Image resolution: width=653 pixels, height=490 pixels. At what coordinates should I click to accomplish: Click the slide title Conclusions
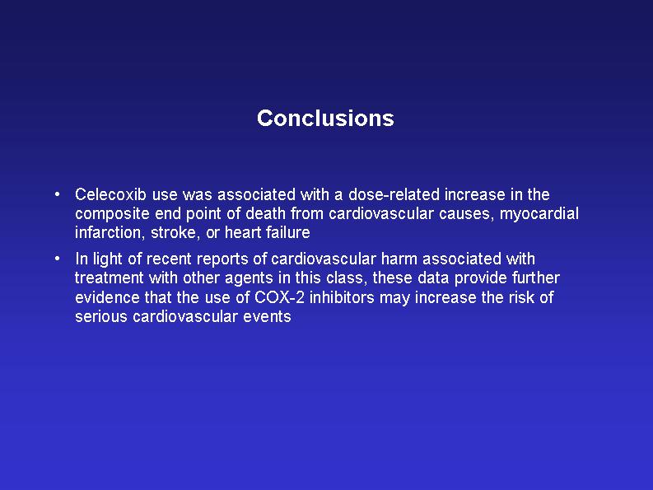click(x=325, y=119)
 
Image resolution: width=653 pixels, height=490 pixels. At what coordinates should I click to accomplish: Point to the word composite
click(x=112, y=214)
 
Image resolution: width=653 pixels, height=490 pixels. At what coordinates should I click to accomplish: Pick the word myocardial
click(x=539, y=214)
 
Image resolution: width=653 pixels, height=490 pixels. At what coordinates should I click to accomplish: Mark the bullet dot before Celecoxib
click(x=57, y=194)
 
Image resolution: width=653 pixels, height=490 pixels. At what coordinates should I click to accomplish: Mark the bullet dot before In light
click(x=57, y=259)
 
